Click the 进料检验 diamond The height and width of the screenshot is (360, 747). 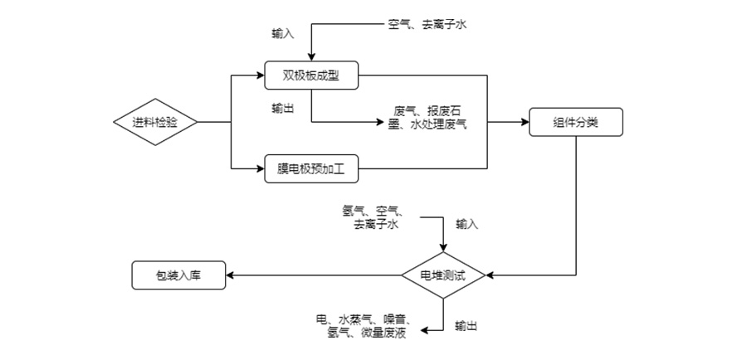(155, 123)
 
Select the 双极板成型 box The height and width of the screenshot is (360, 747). (311, 76)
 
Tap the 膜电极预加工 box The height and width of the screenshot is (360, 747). (311, 169)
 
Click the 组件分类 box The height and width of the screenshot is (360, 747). (576, 123)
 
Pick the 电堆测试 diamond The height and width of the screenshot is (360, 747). (443, 275)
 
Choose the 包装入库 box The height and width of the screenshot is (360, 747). (178, 275)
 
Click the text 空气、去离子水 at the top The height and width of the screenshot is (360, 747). (427, 26)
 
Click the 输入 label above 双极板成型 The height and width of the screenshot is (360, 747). (282, 34)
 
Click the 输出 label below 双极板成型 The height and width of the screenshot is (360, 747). (282, 108)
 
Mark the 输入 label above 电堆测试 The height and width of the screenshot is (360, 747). (466, 224)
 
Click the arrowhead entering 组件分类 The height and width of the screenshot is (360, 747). (525, 123)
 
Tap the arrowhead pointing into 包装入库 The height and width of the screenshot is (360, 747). (231, 275)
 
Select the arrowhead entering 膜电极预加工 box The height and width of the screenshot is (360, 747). (260, 169)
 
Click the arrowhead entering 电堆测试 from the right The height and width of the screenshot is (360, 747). (491, 275)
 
